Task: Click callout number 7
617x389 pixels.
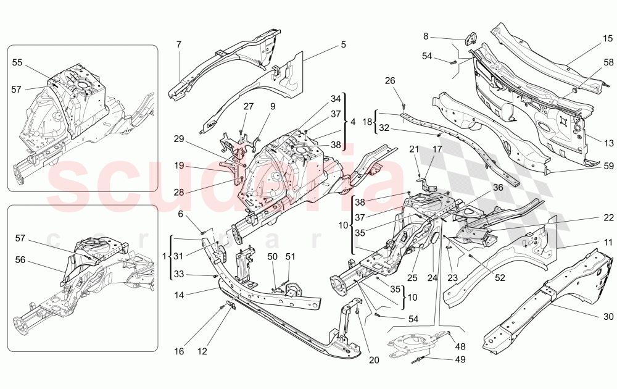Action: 178,44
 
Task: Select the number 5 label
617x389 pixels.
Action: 342,44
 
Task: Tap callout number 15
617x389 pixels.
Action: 608,39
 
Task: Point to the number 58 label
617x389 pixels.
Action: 608,62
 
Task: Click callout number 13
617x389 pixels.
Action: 608,143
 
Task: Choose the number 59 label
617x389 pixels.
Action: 608,166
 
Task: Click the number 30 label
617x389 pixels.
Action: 608,317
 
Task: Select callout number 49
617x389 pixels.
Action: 461,359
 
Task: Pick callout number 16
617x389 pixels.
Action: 178,351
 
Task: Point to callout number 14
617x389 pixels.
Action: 179,295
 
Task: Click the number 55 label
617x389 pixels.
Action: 17,63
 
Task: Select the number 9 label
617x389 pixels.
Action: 272,106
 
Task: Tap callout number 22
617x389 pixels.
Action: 608,218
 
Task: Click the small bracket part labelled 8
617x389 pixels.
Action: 471,38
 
